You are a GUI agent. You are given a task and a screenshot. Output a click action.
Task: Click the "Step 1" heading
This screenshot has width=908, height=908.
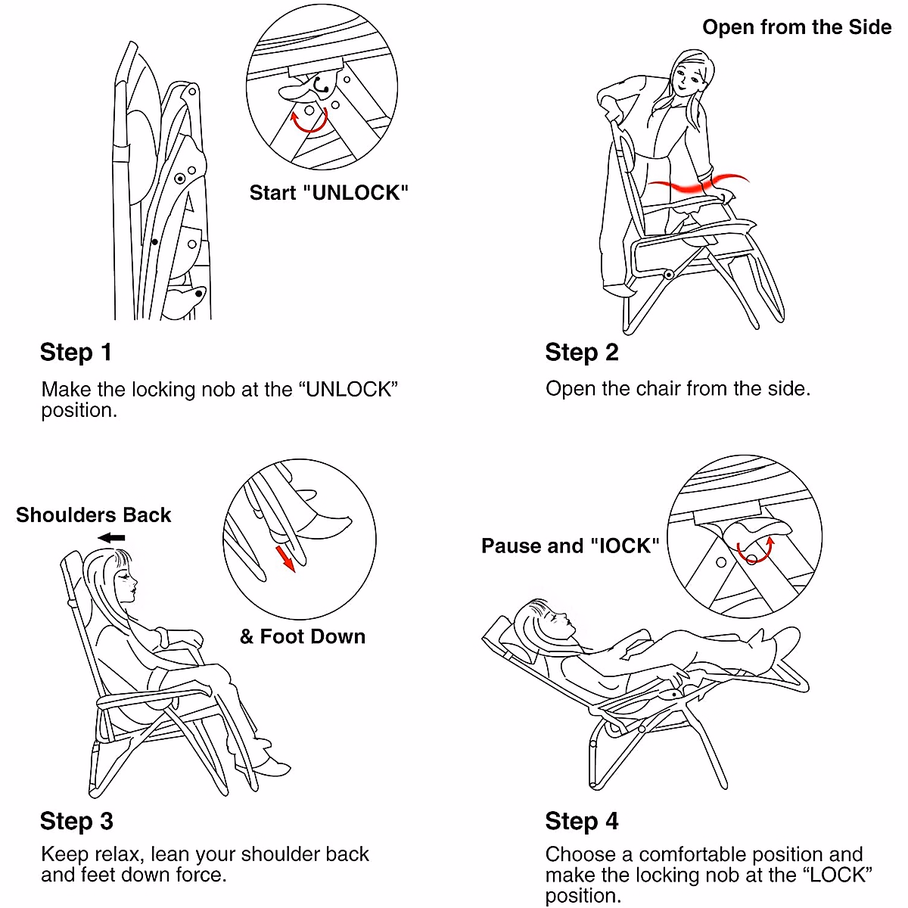point(76,353)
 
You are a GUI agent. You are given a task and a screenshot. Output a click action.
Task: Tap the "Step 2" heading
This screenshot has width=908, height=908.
point(581,353)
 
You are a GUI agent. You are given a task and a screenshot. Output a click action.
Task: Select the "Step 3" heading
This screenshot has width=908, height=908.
point(77,821)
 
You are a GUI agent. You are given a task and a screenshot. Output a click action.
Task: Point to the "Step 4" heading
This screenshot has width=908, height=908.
point(581,821)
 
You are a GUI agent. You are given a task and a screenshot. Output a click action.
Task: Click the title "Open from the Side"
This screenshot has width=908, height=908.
point(797,27)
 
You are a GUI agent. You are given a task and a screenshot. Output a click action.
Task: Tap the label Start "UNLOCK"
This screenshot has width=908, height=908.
point(329,193)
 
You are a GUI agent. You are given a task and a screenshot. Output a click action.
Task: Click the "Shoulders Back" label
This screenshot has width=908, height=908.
point(93,515)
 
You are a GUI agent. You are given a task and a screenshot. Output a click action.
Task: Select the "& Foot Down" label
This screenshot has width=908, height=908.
point(303,636)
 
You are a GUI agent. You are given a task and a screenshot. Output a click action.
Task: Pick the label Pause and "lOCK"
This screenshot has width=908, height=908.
point(571,546)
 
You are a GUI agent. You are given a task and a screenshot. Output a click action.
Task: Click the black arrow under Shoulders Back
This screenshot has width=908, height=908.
point(111,538)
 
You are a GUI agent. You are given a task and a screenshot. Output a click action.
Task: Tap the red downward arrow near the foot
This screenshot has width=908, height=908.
point(285,558)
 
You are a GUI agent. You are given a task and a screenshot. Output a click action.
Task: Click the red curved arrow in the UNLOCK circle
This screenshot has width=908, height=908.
point(309,120)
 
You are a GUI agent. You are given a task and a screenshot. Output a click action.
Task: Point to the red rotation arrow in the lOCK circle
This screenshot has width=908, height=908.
point(755,550)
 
